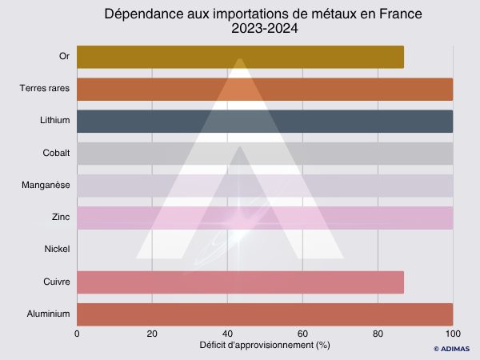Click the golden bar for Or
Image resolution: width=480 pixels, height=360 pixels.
[240, 58]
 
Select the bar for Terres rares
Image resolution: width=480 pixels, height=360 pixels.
[265, 90]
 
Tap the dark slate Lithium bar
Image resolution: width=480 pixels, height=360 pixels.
[265, 122]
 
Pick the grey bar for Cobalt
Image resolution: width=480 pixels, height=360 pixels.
[265, 154]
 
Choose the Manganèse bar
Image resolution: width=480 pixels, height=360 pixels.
[265, 186]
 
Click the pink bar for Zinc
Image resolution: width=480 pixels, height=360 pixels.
[265, 218]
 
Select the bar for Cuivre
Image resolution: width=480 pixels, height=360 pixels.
[240, 282]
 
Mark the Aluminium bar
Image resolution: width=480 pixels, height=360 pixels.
[265, 314]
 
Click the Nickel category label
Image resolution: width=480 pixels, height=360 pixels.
[58, 250]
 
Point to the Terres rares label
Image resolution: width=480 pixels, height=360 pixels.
[45, 90]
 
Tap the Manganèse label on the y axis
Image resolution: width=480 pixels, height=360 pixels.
[46, 186]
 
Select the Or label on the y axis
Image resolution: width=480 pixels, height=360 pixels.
[65, 58]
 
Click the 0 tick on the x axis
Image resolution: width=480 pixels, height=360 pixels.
[77, 334]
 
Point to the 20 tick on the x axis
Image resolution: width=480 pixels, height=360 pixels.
[152, 334]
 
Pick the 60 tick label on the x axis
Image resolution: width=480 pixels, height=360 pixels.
[302, 334]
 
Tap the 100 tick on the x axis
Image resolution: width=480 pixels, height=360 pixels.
[453, 334]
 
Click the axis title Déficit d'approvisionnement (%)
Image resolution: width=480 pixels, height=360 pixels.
[265, 345]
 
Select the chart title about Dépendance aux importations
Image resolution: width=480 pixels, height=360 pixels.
[265, 14]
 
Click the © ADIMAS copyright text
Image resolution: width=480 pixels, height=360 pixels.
[452, 349]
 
